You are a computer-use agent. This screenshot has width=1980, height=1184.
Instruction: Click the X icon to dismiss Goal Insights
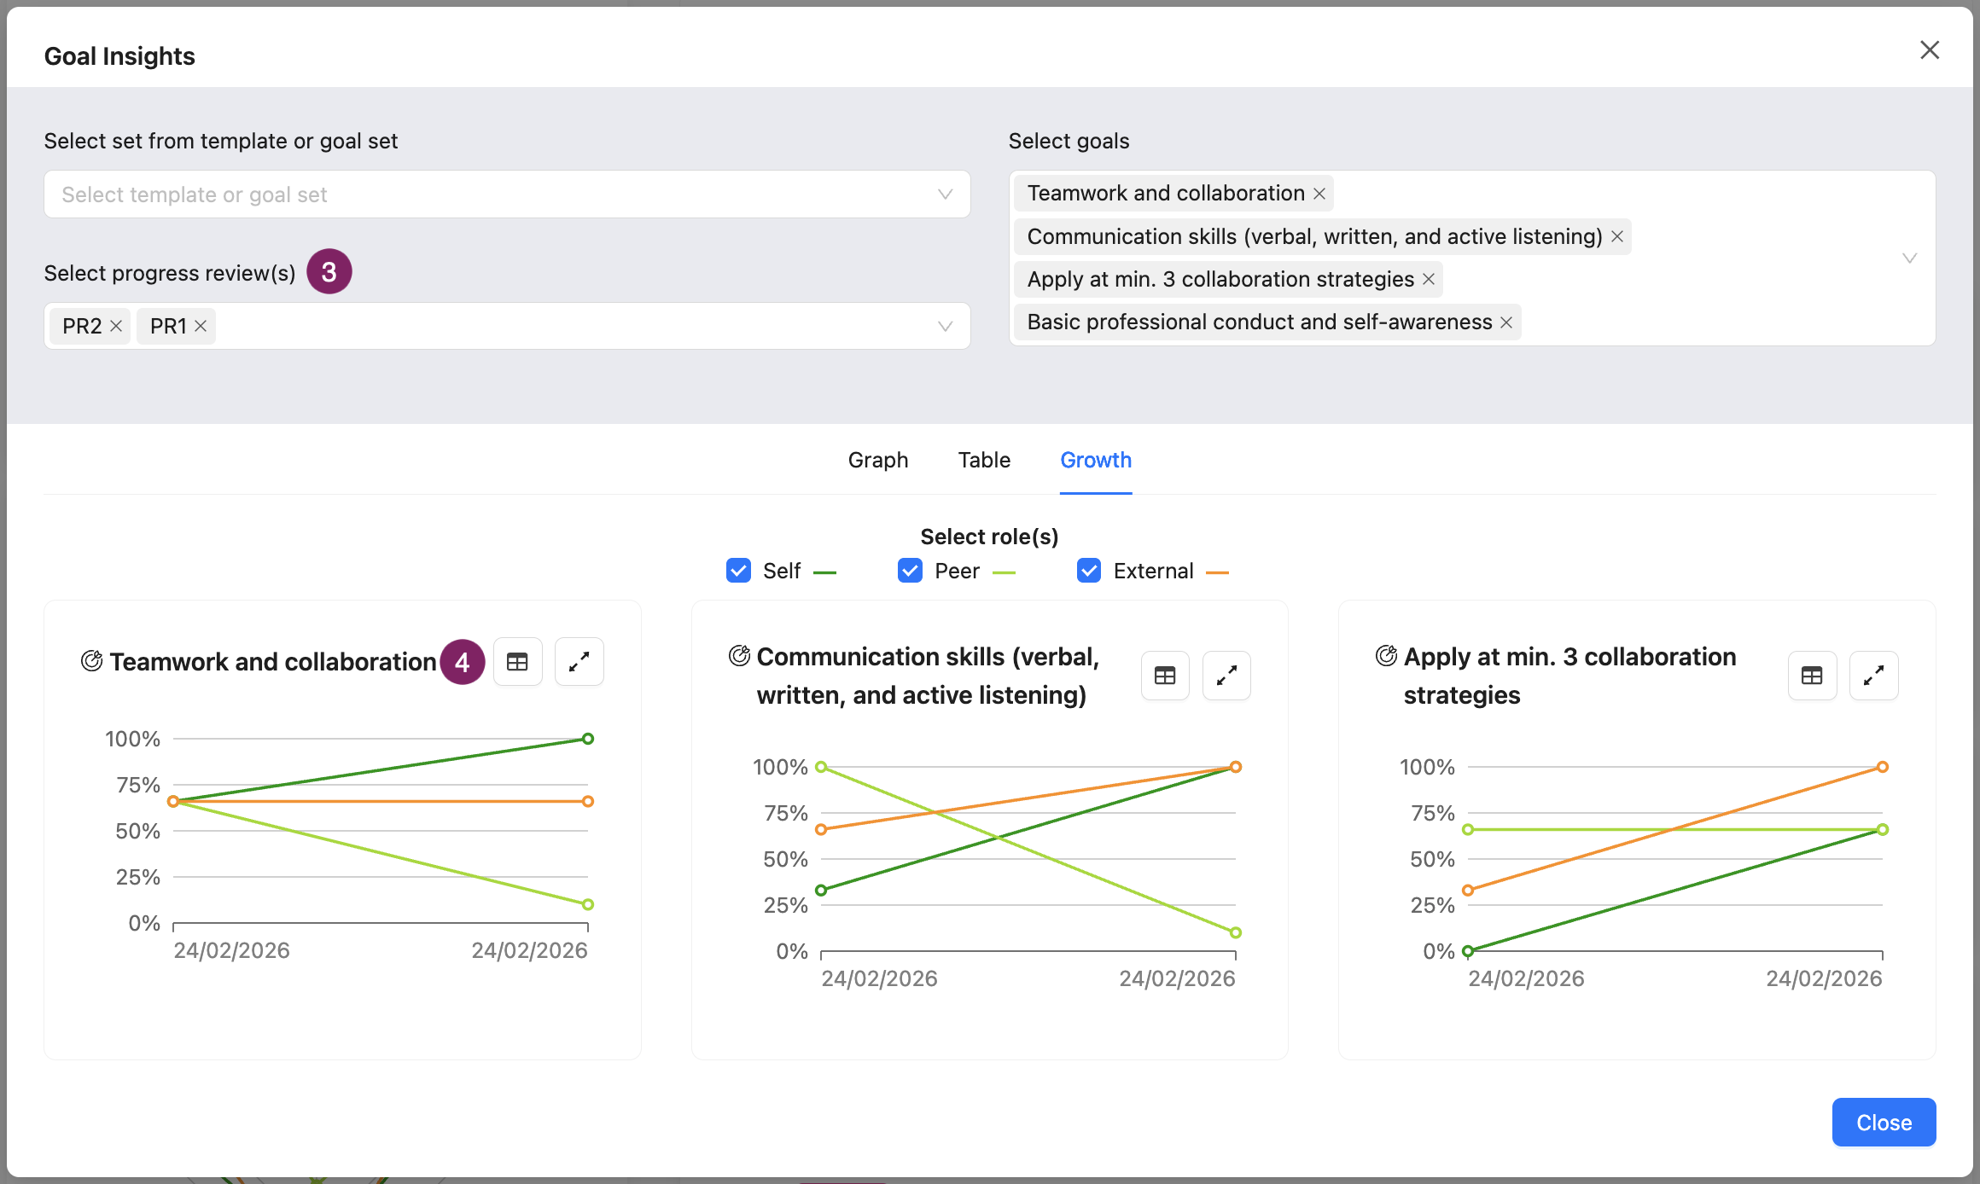tap(1930, 50)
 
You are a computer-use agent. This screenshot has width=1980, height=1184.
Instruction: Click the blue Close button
tap(1884, 1122)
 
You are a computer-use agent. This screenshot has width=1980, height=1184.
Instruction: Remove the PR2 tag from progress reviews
tap(116, 326)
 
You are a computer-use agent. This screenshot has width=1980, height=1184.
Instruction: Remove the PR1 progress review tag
tap(201, 326)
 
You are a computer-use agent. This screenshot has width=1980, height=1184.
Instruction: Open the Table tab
tap(984, 460)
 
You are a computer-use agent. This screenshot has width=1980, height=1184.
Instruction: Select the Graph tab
tap(878, 460)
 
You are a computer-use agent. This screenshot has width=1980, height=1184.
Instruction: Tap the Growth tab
tap(1096, 460)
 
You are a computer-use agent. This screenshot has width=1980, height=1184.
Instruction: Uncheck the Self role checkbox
tap(738, 571)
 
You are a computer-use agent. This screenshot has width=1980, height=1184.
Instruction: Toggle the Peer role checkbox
tap(910, 571)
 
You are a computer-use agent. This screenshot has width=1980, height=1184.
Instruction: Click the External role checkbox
tap(1089, 571)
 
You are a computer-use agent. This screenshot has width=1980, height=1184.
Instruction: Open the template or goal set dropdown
tap(507, 194)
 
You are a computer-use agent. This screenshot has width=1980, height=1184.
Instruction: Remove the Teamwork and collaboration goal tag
tap(1319, 194)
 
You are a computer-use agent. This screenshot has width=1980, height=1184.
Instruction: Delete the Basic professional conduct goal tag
tap(1506, 322)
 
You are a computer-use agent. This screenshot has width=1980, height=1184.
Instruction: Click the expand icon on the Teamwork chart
tap(579, 662)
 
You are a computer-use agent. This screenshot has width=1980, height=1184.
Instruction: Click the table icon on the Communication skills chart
tap(1165, 676)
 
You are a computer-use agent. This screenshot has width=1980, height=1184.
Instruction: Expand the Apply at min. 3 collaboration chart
tap(1873, 676)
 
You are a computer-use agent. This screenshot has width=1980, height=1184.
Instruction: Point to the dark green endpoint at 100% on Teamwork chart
tap(588, 739)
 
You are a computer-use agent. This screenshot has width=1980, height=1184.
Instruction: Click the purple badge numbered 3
tap(329, 272)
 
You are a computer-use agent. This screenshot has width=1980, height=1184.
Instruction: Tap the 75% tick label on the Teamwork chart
tap(138, 785)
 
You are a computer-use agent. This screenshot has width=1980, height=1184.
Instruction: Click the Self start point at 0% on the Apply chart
tap(1468, 950)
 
